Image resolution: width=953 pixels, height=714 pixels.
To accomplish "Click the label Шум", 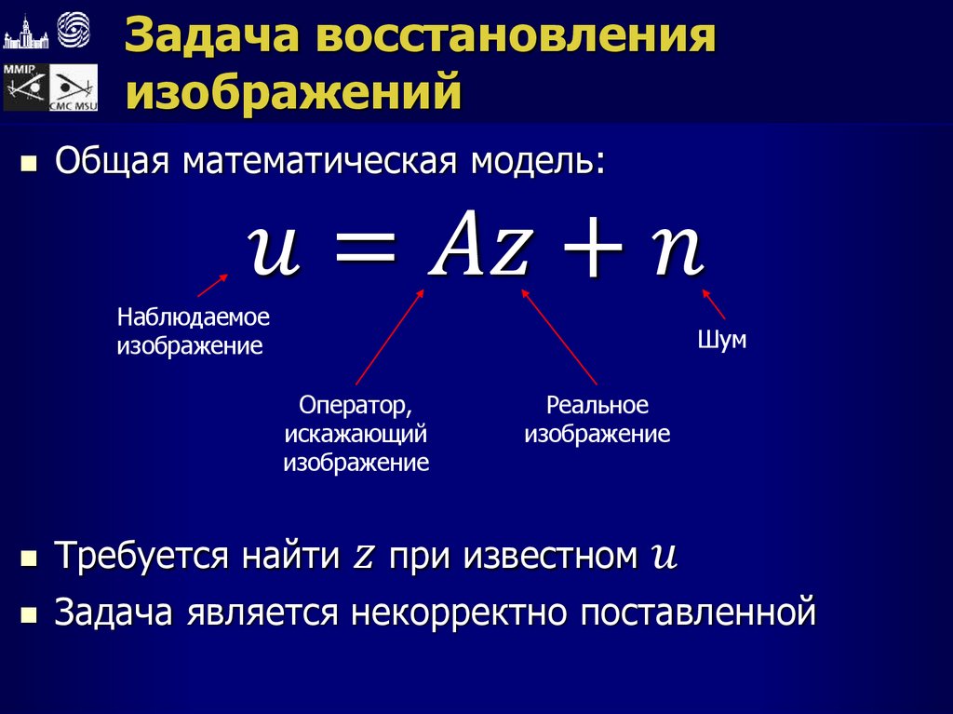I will pos(722,341).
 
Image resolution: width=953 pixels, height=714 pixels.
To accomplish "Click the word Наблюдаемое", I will pos(193,317).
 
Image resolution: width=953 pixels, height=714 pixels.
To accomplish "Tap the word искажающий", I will pos(356,434).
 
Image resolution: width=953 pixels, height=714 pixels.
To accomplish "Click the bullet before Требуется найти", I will pos(29,559).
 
